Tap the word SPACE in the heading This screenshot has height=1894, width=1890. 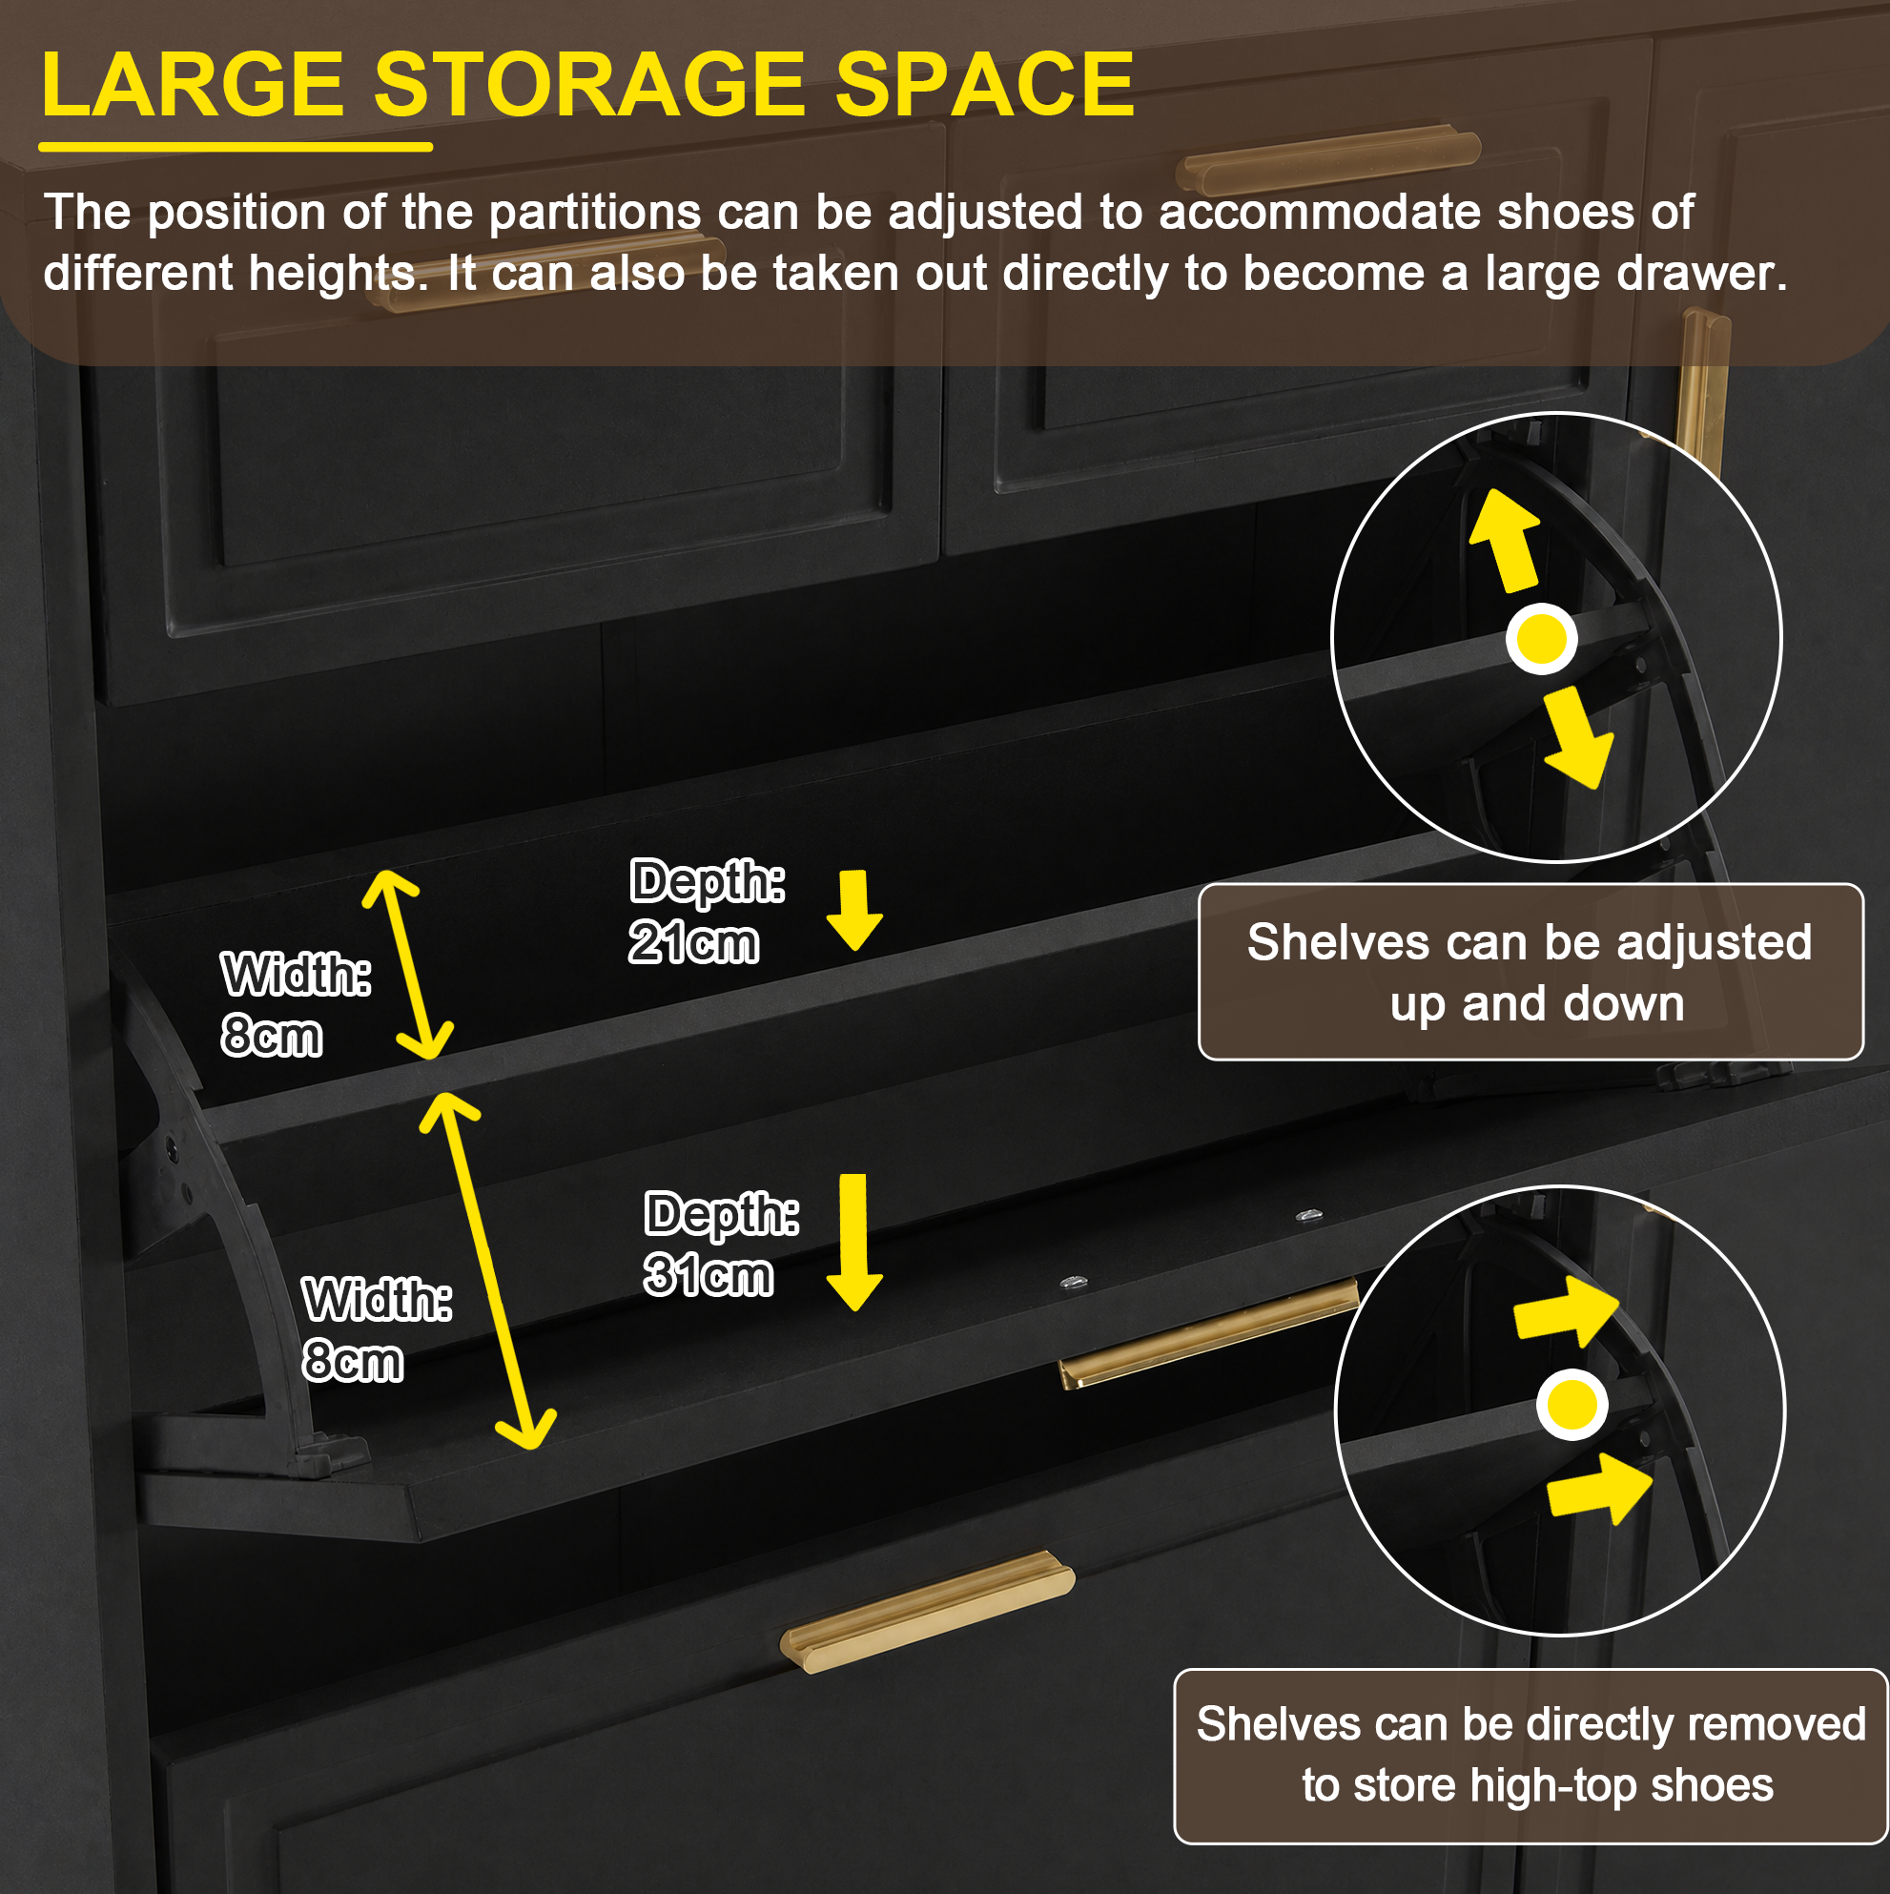984,85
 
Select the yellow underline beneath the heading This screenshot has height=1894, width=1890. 236,147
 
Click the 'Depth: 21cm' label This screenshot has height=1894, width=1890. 706,912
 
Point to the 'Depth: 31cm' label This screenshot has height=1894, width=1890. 721,1244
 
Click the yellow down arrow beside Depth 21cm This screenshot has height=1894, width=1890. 853,910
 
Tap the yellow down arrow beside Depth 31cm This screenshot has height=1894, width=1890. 853,1242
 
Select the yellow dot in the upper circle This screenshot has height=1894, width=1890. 1541,639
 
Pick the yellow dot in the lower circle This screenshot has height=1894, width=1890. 1572,1405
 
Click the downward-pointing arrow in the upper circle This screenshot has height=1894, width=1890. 1576,737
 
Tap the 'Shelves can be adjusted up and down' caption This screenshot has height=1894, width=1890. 1530,973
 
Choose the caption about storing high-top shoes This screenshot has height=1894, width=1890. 1531,1757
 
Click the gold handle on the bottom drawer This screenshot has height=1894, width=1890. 927,1611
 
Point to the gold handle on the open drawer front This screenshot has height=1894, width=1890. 1208,1334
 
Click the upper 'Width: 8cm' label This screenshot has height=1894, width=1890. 296,1005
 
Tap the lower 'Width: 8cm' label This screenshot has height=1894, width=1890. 378,1329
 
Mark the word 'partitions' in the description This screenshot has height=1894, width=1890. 595,214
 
